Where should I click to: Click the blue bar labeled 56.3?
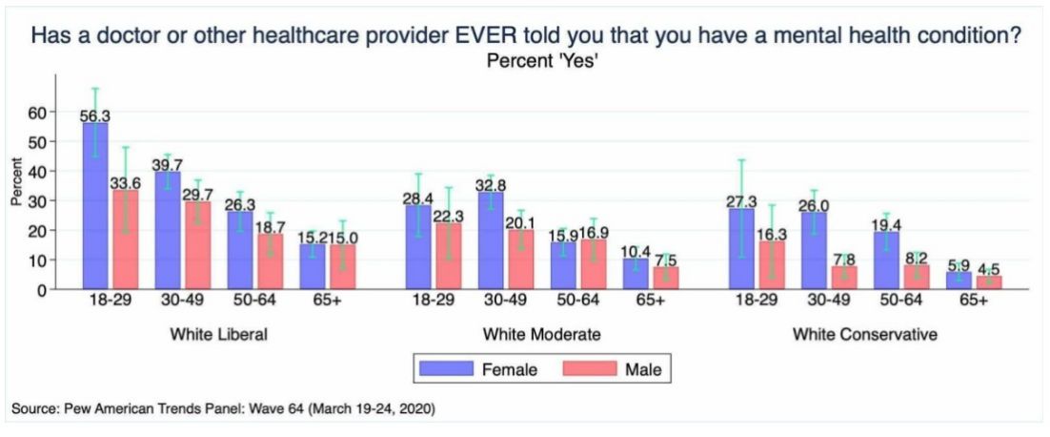tap(95, 205)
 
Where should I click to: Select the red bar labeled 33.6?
tap(125, 239)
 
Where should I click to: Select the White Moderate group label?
tap(541, 335)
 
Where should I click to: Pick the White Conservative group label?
tap(864, 335)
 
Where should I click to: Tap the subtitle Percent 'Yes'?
tap(541, 61)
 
